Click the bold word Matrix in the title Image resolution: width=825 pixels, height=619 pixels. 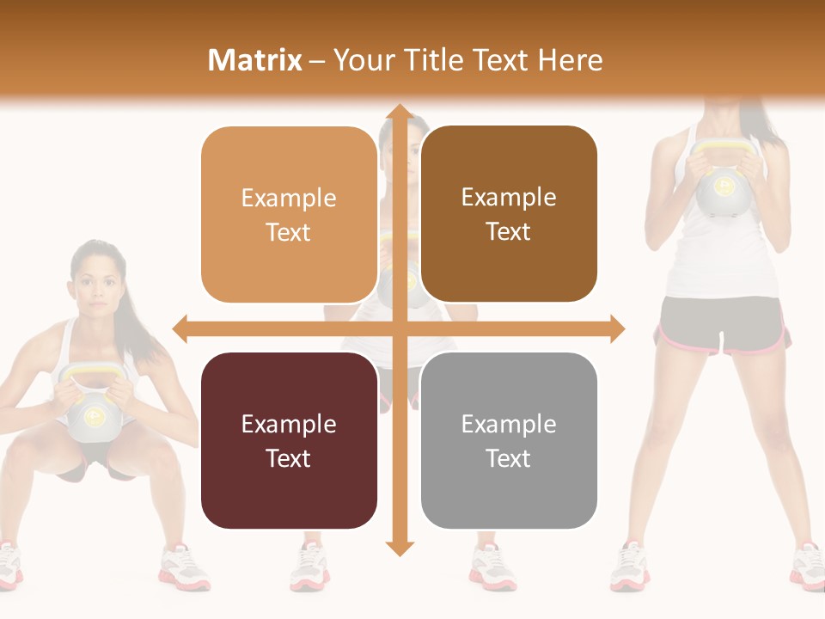255,60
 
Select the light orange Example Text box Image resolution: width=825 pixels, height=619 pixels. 289,215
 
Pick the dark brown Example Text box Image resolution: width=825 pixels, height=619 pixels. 509,214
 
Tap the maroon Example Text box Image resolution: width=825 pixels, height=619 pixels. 289,440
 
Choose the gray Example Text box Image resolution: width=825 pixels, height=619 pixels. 509,440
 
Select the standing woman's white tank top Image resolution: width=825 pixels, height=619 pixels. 722,258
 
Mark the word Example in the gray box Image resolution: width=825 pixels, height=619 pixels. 509,424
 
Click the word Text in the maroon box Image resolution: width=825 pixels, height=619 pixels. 289,458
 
